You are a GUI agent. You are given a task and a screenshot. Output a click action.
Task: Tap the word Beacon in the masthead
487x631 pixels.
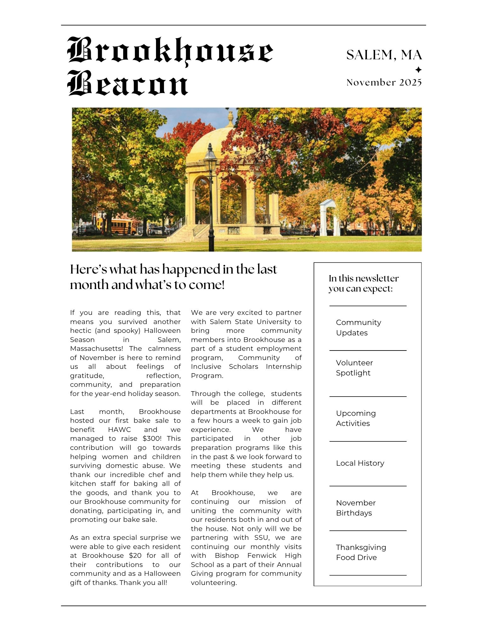click(128, 84)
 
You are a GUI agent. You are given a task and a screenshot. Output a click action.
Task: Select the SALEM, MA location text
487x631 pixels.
click(384, 55)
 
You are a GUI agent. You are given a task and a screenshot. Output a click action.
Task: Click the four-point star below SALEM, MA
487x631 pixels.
click(418, 70)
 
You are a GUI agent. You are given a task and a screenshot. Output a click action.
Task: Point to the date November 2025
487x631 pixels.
click(384, 82)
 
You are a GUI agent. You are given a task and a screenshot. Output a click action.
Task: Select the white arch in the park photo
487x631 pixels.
click(328, 218)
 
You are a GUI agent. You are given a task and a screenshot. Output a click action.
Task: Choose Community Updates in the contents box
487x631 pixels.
click(358, 327)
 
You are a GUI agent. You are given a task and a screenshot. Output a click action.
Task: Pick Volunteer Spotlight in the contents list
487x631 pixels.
click(354, 368)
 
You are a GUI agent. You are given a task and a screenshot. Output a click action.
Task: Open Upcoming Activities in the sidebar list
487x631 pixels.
click(356, 418)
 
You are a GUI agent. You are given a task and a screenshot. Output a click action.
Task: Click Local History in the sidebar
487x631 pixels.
click(360, 463)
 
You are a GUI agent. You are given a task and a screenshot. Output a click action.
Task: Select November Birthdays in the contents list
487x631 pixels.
click(356, 508)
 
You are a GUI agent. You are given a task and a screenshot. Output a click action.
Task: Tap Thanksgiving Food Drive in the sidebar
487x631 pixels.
click(361, 552)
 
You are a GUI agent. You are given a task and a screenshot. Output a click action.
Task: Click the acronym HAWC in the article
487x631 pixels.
click(119, 430)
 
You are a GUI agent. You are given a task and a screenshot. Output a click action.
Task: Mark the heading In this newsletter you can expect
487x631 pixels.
click(363, 283)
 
